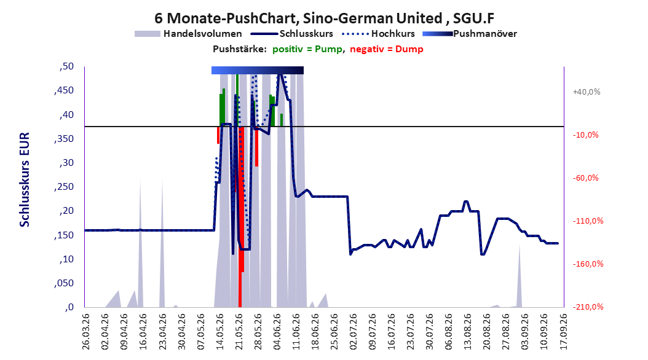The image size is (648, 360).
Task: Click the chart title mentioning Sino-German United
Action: point(324,18)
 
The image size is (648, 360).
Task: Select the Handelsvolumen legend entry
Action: point(189,34)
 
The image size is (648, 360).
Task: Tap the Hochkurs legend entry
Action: point(379,34)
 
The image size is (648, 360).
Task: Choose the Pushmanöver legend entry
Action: point(470,34)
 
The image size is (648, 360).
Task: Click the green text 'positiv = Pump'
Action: point(307,49)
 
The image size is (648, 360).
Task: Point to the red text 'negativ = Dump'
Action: point(387,49)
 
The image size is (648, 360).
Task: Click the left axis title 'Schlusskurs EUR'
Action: point(25,179)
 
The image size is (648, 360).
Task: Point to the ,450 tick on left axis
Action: point(64,90)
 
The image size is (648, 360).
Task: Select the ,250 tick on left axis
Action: point(64,187)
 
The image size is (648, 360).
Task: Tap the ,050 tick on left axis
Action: point(64,283)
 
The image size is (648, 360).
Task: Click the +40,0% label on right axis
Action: point(587,92)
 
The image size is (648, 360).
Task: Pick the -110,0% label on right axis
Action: point(588,221)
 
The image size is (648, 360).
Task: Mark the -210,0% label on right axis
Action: point(588,307)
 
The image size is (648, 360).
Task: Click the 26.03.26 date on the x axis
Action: point(86,332)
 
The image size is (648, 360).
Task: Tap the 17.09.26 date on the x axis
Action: point(563,332)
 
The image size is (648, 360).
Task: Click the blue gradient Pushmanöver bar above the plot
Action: point(258,70)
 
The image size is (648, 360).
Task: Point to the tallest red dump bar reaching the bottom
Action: point(240,217)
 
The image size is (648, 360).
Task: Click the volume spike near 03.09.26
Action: point(520,275)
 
